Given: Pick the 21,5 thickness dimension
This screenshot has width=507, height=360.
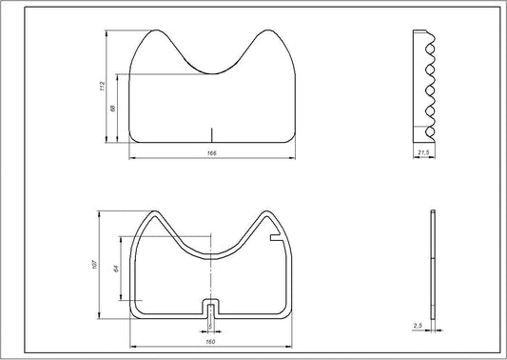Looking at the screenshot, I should pos(424,152).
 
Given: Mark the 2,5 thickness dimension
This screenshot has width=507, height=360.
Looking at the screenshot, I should pos(418,326).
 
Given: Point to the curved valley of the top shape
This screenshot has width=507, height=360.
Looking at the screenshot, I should pos(212,71).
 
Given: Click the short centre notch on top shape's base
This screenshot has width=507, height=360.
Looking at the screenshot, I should pos(212,133).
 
